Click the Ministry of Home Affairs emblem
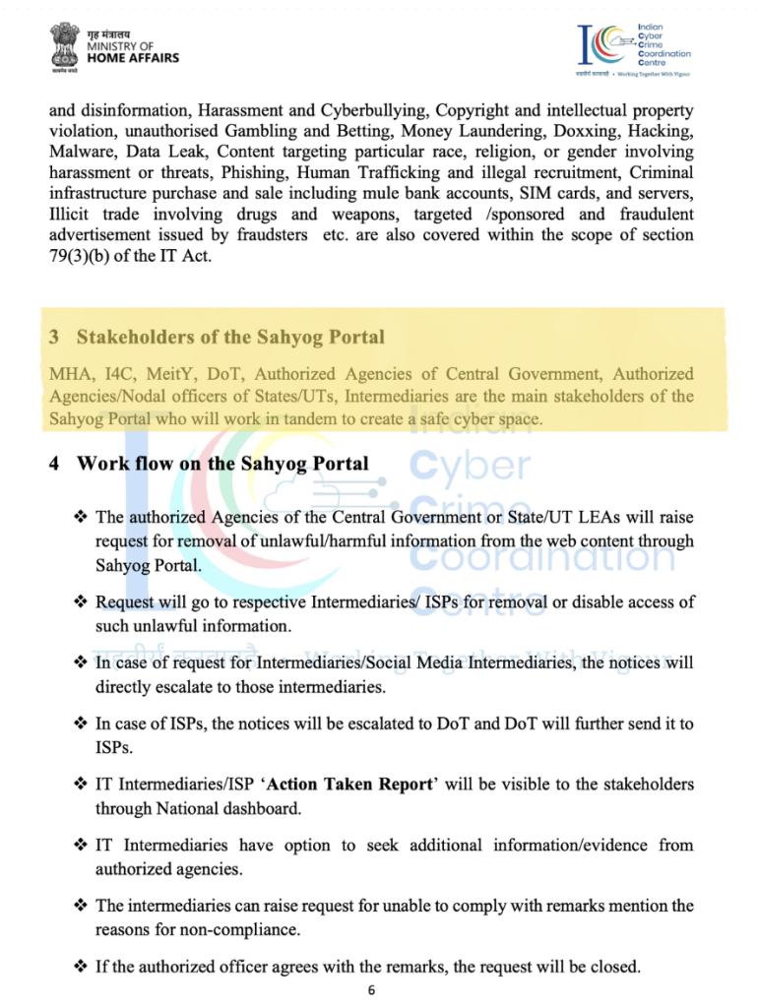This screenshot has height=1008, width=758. pos(68,46)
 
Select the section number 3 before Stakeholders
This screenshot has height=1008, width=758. pos(54,338)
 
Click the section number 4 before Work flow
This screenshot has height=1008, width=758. pos(54,464)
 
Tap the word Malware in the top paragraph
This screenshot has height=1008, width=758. pos(81,153)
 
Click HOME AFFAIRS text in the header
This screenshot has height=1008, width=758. pos(134,58)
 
